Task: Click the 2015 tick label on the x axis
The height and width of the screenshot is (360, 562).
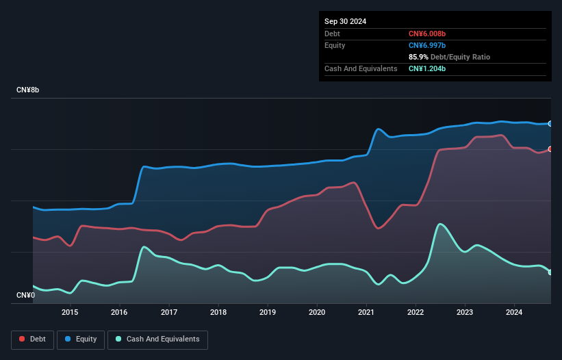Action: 70,313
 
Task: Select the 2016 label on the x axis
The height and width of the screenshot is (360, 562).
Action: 119,313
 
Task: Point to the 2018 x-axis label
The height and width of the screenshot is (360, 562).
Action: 218,313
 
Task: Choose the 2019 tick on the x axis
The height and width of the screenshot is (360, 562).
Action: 268,313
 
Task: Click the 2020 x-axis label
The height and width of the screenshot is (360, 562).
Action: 317,313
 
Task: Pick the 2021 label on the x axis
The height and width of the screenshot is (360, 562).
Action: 366,313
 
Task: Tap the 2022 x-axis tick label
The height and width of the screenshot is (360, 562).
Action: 416,313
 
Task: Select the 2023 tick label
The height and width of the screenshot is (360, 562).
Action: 465,313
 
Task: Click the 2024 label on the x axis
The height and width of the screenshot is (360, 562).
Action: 515,313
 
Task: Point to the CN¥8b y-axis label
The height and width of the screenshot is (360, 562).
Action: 28,90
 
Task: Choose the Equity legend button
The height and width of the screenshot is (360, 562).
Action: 81,339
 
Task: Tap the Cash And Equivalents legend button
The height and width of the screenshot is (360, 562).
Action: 157,339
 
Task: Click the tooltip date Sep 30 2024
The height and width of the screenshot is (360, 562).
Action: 346,21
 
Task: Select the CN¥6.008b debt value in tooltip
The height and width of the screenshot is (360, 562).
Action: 427,34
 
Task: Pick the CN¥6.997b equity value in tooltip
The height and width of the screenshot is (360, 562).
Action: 427,45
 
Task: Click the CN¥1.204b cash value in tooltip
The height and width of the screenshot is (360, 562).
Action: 427,68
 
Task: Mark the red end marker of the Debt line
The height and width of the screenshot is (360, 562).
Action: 550,149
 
